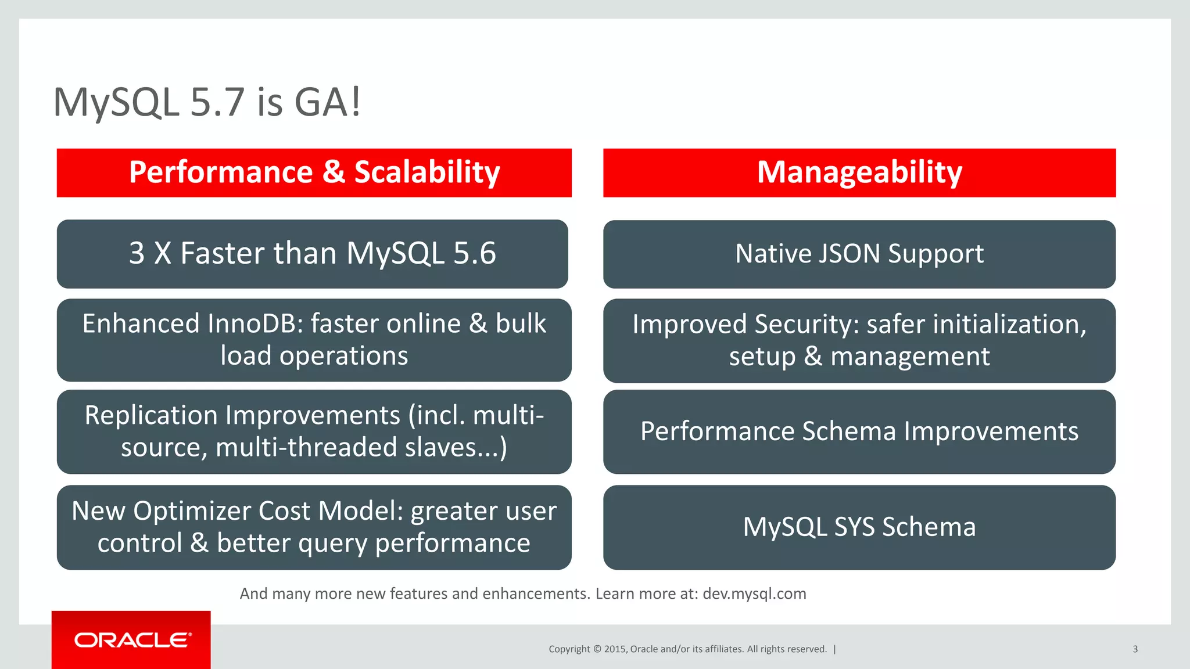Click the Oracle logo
[x=132, y=640]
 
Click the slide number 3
[x=1135, y=649]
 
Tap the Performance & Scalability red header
[x=314, y=172]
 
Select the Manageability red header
[x=859, y=172]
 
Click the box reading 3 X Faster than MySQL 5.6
[x=312, y=254]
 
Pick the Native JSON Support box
[x=859, y=254]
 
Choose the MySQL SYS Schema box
[x=859, y=527]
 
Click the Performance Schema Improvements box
[x=859, y=431]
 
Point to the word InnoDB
[x=256, y=323]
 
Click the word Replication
[x=151, y=415]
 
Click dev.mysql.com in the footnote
[x=754, y=594]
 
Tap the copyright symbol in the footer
[x=597, y=649]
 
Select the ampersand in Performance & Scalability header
[x=334, y=172]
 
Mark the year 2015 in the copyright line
[x=614, y=649]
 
